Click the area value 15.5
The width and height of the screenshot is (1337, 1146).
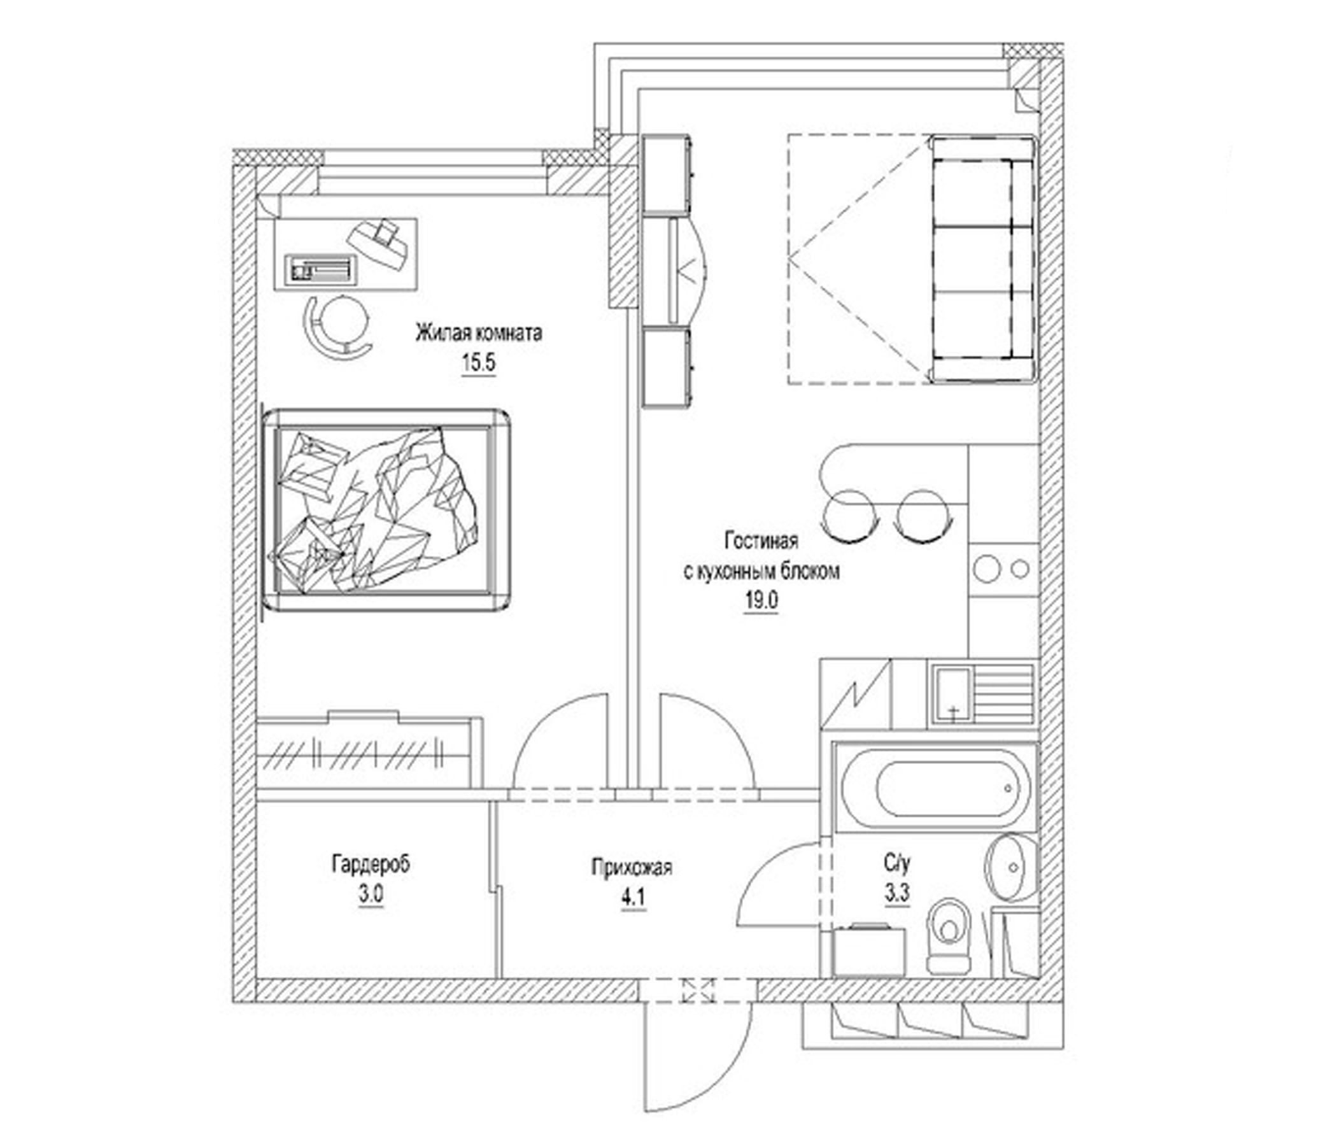[x=478, y=364]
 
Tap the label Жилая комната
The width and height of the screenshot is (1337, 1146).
[x=478, y=334]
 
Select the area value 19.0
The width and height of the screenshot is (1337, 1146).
[x=762, y=601]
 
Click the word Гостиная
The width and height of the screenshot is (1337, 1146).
[x=761, y=541]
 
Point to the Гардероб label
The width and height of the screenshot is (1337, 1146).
[x=371, y=864]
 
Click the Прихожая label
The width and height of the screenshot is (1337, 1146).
[x=632, y=868]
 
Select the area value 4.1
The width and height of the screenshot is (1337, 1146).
[x=633, y=898]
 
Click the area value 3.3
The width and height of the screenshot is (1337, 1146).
[x=897, y=894]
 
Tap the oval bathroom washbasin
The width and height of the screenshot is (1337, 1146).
[x=1010, y=868]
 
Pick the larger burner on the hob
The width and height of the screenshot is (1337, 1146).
[x=987, y=569]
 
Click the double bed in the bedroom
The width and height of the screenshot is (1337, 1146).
[x=386, y=510]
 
